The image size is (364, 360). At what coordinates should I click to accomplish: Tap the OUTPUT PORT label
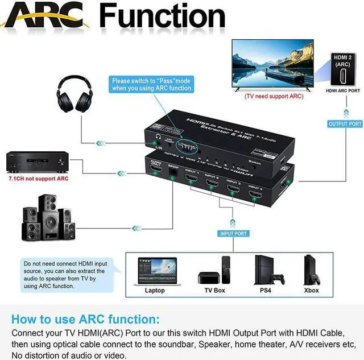[345, 123]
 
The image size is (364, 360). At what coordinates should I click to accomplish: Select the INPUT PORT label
[233, 233]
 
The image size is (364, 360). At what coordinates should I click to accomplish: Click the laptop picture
[155, 270]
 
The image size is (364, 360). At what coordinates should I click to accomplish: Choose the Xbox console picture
[312, 271]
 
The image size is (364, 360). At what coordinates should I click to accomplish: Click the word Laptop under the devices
[155, 291]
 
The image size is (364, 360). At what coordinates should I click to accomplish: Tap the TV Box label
[215, 291]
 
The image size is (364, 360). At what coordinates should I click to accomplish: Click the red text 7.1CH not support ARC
[39, 178]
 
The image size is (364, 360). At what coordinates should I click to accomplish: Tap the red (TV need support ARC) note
[274, 96]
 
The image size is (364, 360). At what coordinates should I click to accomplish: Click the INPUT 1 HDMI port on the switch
[192, 183]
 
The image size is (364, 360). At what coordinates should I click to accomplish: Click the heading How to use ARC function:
[86, 319]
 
